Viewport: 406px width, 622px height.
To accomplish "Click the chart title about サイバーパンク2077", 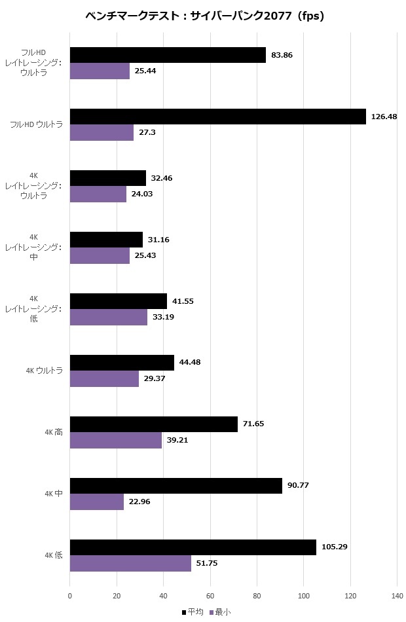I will click(x=205, y=16).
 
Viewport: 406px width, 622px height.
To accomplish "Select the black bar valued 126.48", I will click(x=217, y=117).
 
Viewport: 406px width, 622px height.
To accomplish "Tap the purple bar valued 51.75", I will click(x=130, y=563).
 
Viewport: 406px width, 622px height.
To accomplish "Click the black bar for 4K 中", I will click(x=175, y=486).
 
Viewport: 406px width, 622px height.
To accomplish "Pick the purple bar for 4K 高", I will click(x=115, y=440).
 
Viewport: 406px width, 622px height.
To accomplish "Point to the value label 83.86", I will click(x=282, y=55).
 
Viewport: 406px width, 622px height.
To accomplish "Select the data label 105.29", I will click(x=334, y=547).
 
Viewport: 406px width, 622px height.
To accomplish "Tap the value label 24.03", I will click(x=142, y=194).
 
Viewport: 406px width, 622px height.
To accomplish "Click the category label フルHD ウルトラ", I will click(x=37, y=124).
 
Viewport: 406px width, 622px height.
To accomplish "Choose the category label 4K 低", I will click(x=54, y=555).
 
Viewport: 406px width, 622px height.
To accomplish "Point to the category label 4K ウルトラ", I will click(x=45, y=371).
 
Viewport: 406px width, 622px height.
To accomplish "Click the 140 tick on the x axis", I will click(x=397, y=596).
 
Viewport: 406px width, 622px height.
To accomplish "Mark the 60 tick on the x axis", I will click(x=210, y=596).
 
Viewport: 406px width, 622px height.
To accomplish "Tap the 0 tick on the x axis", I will click(x=70, y=596).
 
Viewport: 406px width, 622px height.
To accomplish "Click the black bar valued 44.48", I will click(x=122, y=363).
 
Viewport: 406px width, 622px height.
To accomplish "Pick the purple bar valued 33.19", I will click(x=109, y=317).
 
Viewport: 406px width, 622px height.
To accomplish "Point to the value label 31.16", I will click(x=158, y=240).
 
